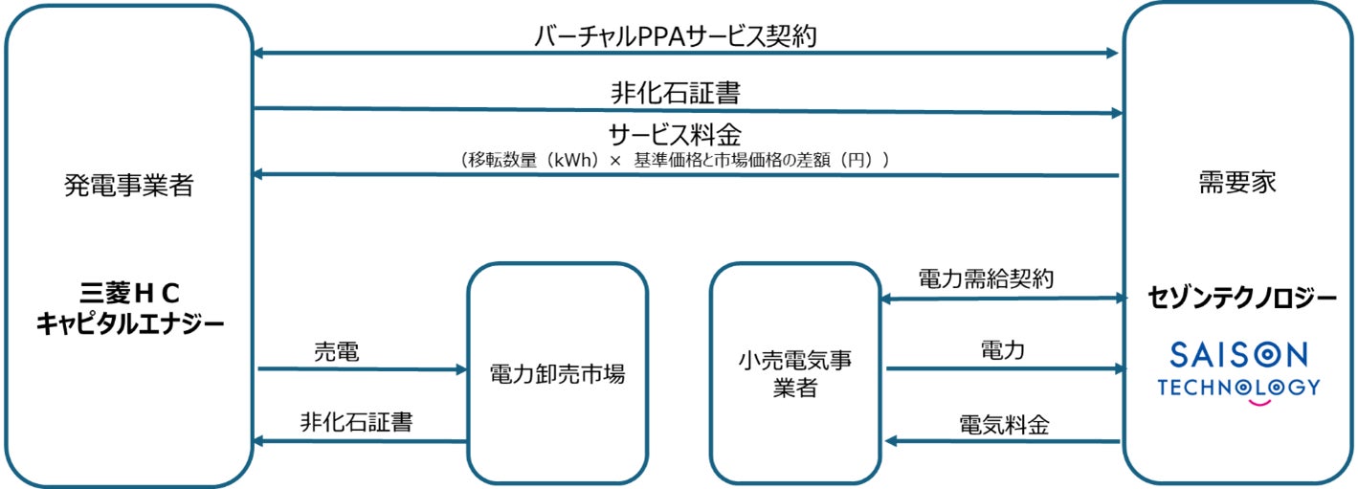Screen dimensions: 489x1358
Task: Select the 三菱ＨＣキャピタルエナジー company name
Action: [130, 309]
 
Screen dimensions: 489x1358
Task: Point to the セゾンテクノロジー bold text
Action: [1242, 299]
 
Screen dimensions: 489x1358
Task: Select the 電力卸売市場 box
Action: [556, 373]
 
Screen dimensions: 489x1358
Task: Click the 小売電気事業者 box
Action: [794, 373]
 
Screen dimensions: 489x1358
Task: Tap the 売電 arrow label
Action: [336, 351]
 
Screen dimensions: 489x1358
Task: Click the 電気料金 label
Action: [1003, 424]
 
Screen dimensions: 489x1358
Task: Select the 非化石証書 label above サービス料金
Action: [675, 93]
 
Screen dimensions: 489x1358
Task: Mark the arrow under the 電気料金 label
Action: [1002, 441]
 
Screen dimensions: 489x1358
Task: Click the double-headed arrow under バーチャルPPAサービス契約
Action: [685, 53]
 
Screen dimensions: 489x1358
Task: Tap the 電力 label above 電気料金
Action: [1002, 350]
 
